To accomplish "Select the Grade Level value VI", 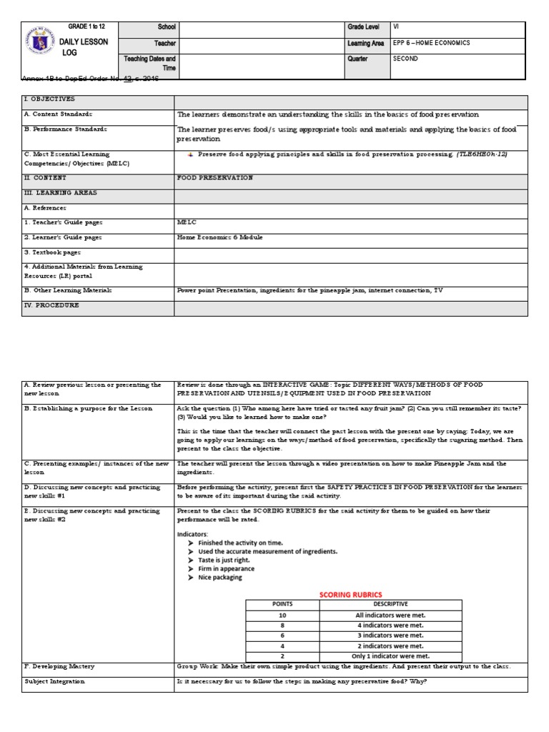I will pyautogui.click(x=397, y=26).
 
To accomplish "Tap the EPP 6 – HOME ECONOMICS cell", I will pyautogui.click(x=432, y=43).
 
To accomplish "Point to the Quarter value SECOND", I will pyautogui.click(x=405, y=59).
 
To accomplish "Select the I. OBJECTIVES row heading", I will pyautogui.click(x=49, y=99).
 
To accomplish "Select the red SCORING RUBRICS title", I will pyautogui.click(x=350, y=594).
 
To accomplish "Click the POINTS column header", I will pyautogui.click(x=282, y=604).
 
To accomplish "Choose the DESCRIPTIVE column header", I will pyautogui.click(x=390, y=604).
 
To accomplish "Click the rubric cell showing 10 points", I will pyautogui.click(x=282, y=615).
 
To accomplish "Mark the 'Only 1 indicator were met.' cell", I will pyautogui.click(x=390, y=656).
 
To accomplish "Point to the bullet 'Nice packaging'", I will pyautogui.click(x=220, y=577).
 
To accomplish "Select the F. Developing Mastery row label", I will pyautogui.click(x=59, y=666).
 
